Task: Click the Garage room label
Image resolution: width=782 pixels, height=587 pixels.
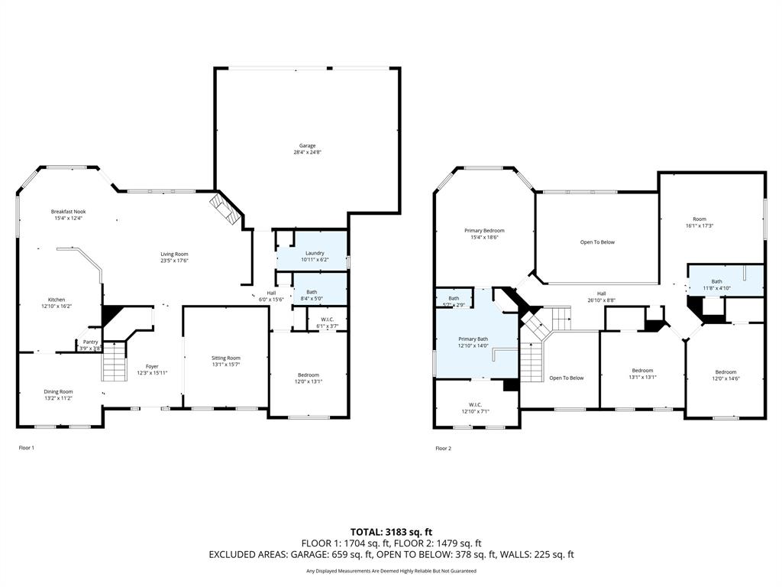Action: point(307,146)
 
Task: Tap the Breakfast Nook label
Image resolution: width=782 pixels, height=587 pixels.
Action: point(68,212)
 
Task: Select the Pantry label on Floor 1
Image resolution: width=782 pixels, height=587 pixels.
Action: point(90,342)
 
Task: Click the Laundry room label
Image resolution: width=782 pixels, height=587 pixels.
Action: point(315,253)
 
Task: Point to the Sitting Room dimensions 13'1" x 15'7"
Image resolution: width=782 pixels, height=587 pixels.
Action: point(225,365)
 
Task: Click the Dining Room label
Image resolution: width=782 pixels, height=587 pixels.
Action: point(58,391)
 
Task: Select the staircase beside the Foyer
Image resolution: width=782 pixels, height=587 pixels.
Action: point(115,362)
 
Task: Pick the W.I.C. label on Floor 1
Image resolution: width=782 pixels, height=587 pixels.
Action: point(327,319)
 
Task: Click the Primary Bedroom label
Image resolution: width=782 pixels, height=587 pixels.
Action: point(484,230)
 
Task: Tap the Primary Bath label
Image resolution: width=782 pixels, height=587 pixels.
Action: point(473,339)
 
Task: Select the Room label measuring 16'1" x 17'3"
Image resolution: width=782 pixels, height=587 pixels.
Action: point(700,219)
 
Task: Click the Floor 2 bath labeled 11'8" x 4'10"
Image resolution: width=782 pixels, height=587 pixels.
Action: point(716,281)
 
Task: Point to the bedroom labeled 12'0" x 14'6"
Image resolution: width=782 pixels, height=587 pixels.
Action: point(725,371)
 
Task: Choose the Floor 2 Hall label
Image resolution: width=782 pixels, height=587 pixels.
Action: point(601,293)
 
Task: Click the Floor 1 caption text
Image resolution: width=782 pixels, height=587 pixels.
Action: point(27,448)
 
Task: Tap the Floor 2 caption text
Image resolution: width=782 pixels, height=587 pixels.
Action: point(444,449)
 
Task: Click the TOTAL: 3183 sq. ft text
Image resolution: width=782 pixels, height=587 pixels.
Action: point(391,531)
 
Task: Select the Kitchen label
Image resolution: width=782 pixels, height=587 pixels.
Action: point(57,300)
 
